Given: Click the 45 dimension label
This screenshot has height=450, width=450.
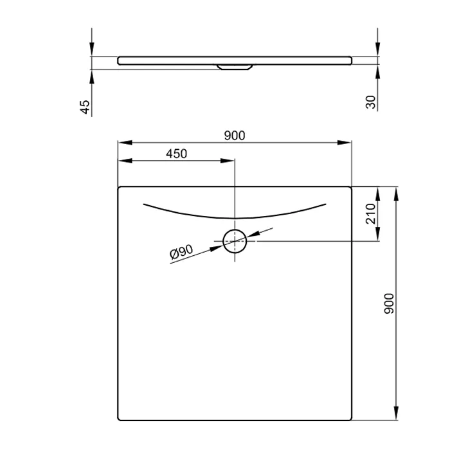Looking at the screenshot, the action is (85, 107).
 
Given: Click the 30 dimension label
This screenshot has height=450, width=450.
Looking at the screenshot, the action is (371, 102).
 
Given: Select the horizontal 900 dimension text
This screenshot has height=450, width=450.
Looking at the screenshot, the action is (235, 136).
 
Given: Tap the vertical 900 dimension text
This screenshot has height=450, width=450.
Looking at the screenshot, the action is (389, 303).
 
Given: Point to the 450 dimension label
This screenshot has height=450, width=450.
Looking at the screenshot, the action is (177, 154).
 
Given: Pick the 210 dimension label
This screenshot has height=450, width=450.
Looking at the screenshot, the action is (371, 214).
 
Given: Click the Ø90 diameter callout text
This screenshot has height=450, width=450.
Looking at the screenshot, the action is (181, 252).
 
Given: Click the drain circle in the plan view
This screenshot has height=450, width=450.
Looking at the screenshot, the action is (235, 230).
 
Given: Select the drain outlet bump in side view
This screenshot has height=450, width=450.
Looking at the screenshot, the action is (235, 67).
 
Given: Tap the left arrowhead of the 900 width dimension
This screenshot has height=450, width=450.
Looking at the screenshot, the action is (125, 143).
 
